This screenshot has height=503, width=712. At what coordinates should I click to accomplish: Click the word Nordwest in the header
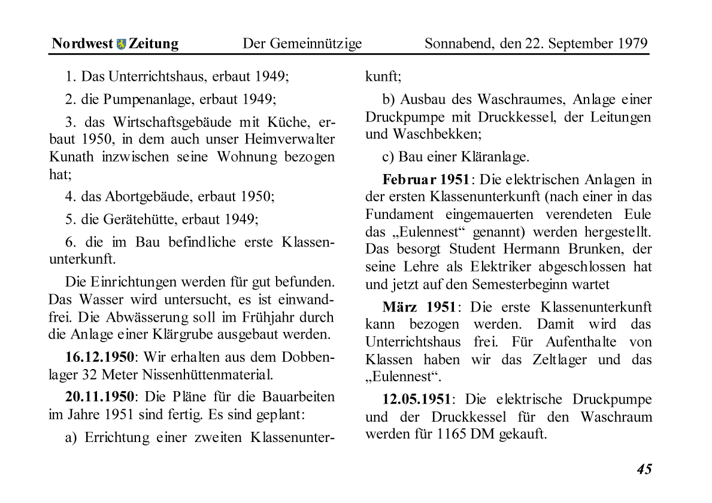(x=82, y=44)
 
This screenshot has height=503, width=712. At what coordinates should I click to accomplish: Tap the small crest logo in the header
(x=121, y=44)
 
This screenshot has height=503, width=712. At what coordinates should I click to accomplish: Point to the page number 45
(x=644, y=470)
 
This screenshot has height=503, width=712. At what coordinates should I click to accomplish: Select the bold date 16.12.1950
(x=99, y=357)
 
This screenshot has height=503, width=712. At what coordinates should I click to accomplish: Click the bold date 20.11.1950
(x=99, y=397)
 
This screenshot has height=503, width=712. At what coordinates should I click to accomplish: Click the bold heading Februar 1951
(x=426, y=180)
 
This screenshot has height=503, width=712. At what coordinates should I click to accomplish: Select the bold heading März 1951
(x=419, y=307)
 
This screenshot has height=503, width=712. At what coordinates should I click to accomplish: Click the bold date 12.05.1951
(x=416, y=399)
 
